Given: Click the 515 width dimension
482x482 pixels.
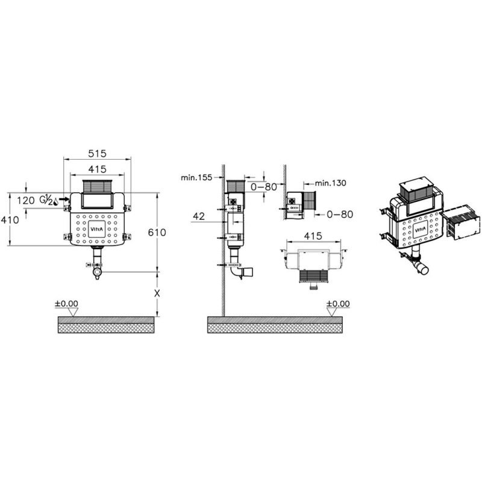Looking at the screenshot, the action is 97,154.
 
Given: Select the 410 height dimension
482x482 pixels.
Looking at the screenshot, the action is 10,220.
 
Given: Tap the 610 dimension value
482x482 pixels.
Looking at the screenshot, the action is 157,233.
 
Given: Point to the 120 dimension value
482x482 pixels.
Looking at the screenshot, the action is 26,201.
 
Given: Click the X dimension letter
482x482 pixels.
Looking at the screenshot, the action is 157,293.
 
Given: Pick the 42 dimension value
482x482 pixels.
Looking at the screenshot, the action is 199,216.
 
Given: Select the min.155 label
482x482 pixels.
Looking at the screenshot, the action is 196,177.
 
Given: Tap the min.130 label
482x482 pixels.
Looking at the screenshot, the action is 330,183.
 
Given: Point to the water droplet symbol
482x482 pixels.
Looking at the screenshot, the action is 55,201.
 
